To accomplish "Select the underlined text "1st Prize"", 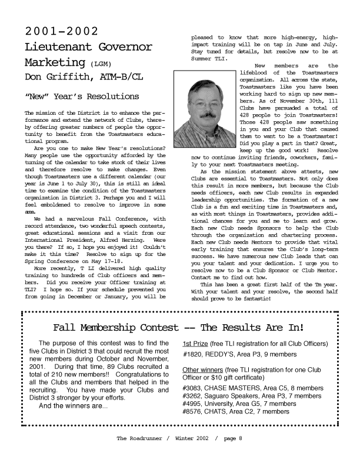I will tap(195, 344).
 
